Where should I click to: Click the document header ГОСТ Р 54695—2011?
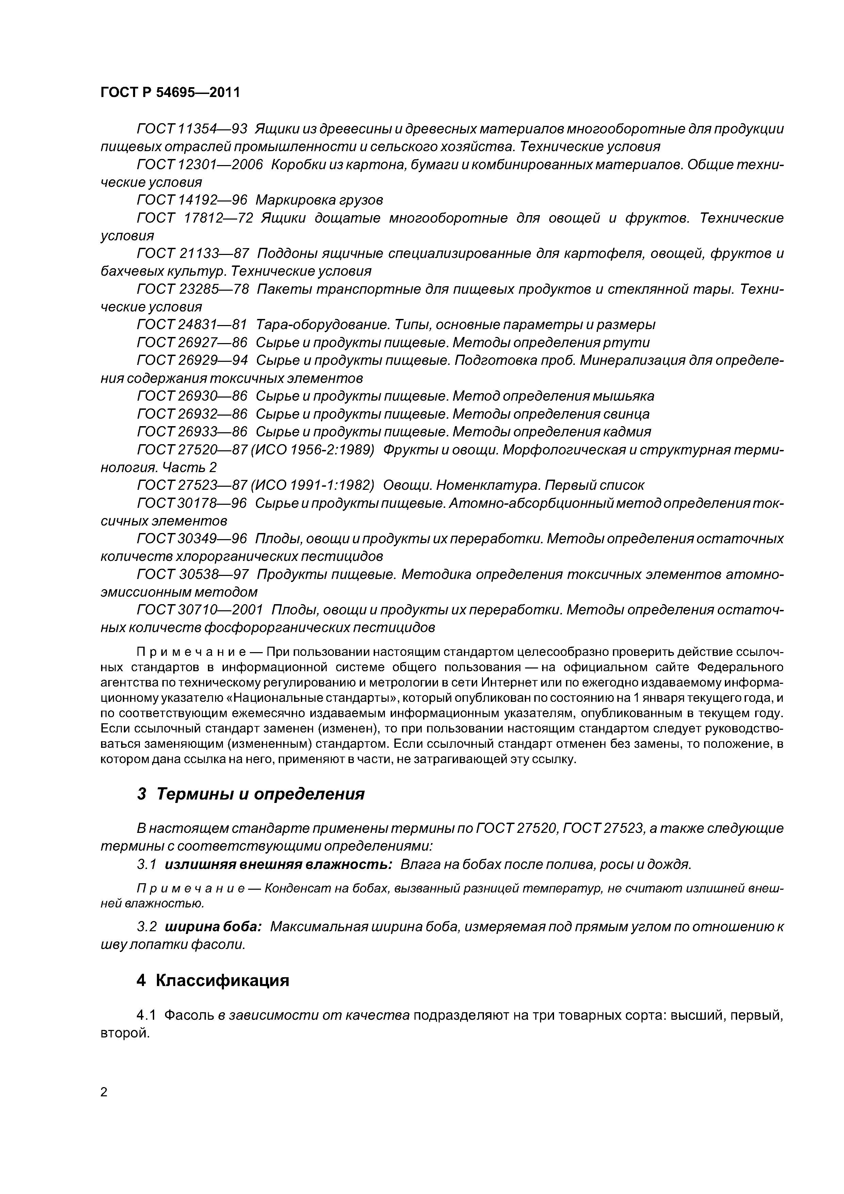click(x=170, y=93)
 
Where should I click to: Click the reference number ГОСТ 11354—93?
click(x=191, y=129)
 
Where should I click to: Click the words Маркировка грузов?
click(x=319, y=200)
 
